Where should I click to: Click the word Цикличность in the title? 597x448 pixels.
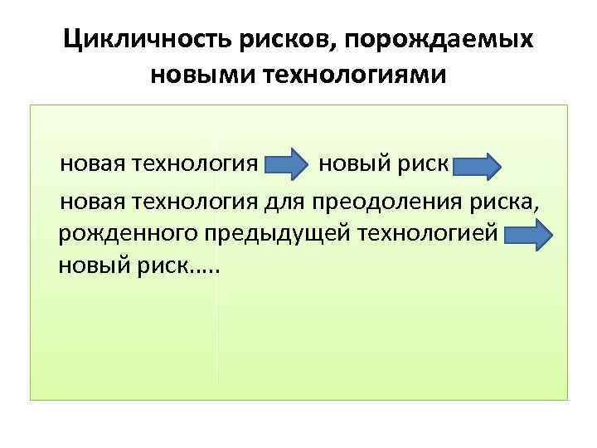pyautogui.click(x=132, y=39)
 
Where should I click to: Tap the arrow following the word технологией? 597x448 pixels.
pyautogui.click(x=527, y=236)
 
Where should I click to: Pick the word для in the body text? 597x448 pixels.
pyautogui.click(x=287, y=202)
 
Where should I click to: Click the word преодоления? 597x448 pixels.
pyautogui.click(x=386, y=202)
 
